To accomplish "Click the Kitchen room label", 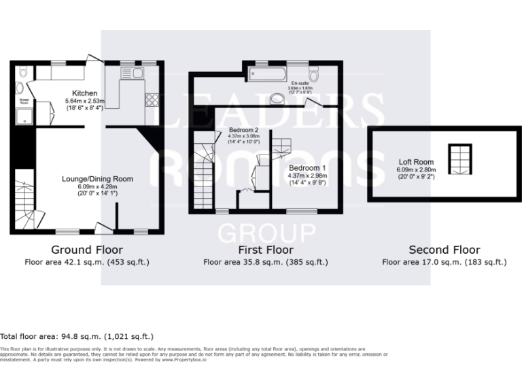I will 85,93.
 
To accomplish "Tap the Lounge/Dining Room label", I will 97,179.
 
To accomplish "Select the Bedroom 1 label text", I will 307,167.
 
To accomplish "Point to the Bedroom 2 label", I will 243,129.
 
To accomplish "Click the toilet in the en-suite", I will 314,73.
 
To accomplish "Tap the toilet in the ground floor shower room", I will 22,71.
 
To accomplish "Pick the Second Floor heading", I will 444,250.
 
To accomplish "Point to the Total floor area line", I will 77,336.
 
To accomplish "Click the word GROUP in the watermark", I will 266,233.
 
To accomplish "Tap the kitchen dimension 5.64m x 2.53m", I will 85,101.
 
